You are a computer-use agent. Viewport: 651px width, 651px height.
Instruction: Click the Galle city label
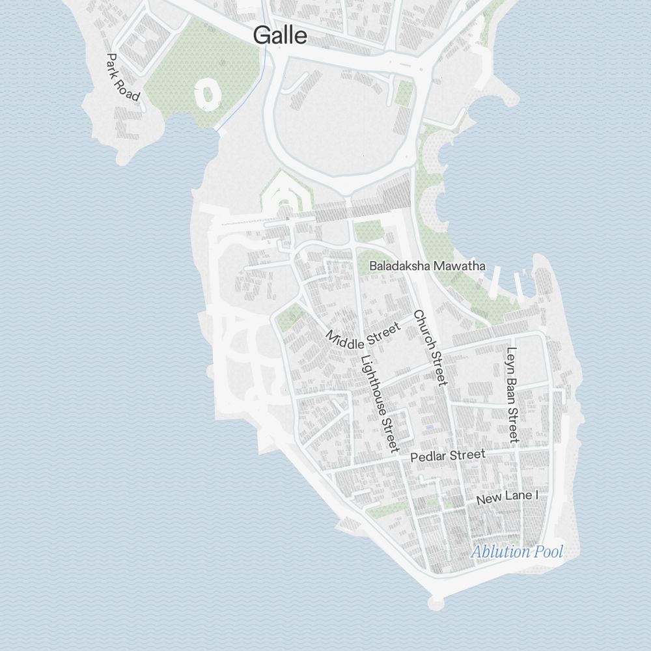[280, 35]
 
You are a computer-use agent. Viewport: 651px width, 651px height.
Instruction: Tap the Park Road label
[122, 77]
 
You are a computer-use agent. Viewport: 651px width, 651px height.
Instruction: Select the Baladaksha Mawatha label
[427, 266]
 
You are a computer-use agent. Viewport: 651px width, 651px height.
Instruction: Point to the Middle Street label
[362, 336]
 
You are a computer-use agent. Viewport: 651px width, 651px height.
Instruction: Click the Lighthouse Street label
[379, 404]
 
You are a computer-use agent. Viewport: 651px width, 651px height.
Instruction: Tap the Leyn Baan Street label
[512, 395]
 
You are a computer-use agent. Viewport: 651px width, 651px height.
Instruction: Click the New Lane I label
[508, 498]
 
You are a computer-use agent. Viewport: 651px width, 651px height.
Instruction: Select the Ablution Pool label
[517, 552]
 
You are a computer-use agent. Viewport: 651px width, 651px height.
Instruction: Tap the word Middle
[345, 339]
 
